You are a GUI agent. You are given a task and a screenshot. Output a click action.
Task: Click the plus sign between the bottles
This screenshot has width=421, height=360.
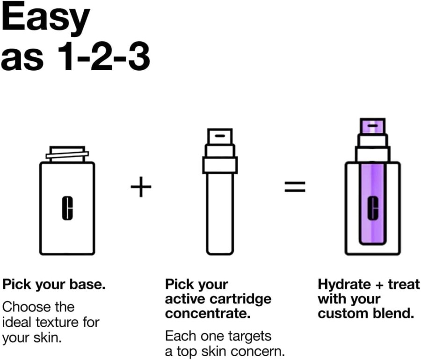click(141, 187)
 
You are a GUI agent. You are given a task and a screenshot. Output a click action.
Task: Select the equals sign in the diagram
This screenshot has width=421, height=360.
click(295, 187)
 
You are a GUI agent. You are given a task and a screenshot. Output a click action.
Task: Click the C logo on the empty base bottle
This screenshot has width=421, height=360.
click(67, 208)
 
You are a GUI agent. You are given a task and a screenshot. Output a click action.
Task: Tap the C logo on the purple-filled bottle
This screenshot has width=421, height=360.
click(373, 208)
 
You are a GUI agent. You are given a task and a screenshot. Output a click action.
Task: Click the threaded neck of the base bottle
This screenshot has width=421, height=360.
click(67, 154)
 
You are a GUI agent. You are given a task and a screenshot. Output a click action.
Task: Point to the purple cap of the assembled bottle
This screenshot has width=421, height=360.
click(373, 126)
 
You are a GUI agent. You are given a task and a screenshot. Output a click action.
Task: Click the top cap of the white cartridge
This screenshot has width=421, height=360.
click(220, 137)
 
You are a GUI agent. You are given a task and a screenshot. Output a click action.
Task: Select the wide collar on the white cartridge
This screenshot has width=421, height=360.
click(220, 165)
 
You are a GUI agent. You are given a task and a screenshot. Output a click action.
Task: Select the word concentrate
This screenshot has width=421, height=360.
click(208, 314)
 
